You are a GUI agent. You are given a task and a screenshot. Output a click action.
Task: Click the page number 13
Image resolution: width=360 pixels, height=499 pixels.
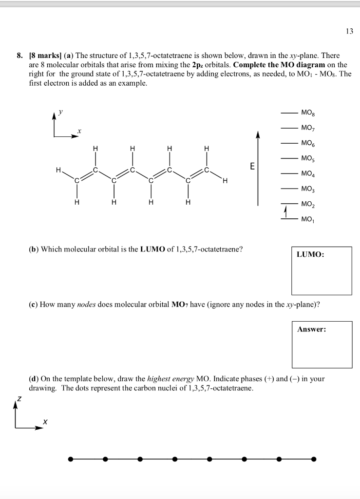(349, 32)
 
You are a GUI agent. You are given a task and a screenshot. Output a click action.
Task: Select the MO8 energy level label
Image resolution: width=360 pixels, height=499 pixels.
(308, 113)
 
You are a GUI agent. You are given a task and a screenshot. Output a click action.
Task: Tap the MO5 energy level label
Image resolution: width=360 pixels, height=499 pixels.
(308, 158)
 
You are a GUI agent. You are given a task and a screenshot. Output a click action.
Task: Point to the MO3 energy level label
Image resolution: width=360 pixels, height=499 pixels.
(308, 189)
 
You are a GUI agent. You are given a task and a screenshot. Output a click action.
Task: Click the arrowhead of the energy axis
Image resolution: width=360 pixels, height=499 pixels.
(258, 135)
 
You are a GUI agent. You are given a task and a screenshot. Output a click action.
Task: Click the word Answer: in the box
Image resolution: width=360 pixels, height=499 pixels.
(312, 329)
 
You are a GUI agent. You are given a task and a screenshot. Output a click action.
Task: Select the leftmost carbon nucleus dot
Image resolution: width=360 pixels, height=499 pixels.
(71, 459)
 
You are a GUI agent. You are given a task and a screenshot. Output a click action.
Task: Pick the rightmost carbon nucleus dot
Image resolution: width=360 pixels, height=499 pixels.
(314, 459)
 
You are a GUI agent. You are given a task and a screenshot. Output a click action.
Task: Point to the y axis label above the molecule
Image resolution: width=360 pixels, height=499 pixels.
(60, 112)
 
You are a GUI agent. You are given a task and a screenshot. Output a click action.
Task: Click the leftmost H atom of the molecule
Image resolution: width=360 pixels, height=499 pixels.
(58, 171)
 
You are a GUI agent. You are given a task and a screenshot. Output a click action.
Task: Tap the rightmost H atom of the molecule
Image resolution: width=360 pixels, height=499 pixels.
(225, 182)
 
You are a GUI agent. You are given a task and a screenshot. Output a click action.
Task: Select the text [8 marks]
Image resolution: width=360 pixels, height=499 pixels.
(44, 57)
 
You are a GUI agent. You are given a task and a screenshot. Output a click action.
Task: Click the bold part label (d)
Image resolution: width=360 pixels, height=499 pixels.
(35, 379)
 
